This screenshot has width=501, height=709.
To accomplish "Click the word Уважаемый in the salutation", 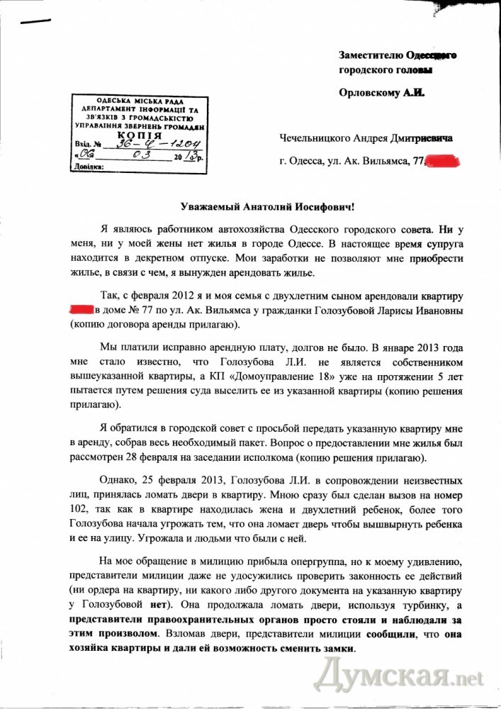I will (x=208, y=206).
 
